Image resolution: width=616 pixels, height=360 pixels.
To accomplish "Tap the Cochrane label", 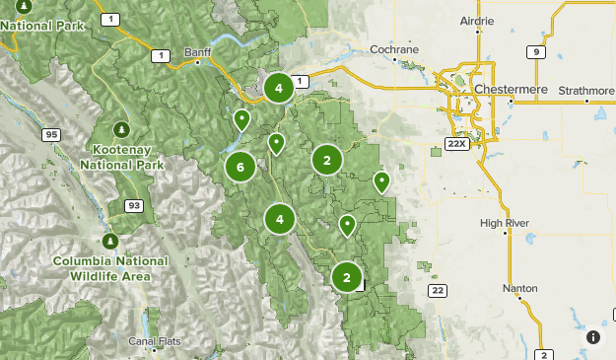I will pyautogui.click(x=394, y=48).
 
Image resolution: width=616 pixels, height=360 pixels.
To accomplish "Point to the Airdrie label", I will pyautogui.click(x=478, y=20).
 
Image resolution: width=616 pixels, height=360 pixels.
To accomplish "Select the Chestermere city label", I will pyautogui.click(x=510, y=89).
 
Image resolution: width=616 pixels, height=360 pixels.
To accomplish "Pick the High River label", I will pyautogui.click(x=505, y=223).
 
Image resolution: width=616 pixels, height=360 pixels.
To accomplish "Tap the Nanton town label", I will pyautogui.click(x=519, y=288).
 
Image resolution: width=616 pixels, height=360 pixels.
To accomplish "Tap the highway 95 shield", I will pyautogui.click(x=49, y=134).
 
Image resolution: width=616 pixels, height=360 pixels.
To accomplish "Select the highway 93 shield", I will pyautogui.click(x=133, y=205).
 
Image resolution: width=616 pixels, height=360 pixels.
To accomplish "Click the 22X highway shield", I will pyautogui.click(x=455, y=144).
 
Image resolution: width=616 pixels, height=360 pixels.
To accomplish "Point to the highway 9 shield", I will pyautogui.click(x=537, y=53).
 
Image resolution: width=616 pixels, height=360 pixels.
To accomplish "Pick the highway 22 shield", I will pyautogui.click(x=438, y=290).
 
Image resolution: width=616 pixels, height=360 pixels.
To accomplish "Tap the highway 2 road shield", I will pyautogui.click(x=544, y=354).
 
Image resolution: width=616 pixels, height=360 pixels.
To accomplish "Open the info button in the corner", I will pyautogui.click(x=593, y=337).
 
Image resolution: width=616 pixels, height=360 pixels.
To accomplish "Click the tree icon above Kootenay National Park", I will pyautogui.click(x=121, y=129).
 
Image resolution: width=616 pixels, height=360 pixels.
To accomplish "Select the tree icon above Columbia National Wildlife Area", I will pyautogui.click(x=109, y=240).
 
